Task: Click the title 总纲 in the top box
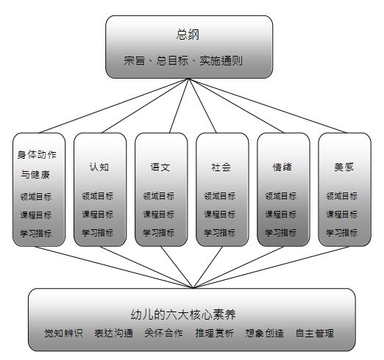click(x=188, y=35)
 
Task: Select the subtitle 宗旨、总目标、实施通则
click(x=183, y=60)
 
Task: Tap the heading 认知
click(x=99, y=168)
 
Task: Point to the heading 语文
click(x=160, y=168)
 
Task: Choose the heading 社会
click(x=221, y=168)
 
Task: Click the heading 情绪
click(x=282, y=168)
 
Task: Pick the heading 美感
click(x=344, y=168)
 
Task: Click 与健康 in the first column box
click(x=35, y=175)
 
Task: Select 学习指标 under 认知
click(x=98, y=233)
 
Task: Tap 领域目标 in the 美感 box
click(x=342, y=196)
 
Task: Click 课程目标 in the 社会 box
click(x=220, y=215)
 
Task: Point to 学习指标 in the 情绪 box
click(x=281, y=233)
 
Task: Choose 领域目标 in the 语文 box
click(x=159, y=196)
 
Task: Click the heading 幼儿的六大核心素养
click(x=183, y=314)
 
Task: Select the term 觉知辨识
click(x=63, y=334)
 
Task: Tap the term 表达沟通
click(x=114, y=334)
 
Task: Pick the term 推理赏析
click(x=214, y=334)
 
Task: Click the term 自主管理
click(x=315, y=334)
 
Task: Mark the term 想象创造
click(x=264, y=334)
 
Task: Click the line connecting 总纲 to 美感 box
click(x=268, y=106)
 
